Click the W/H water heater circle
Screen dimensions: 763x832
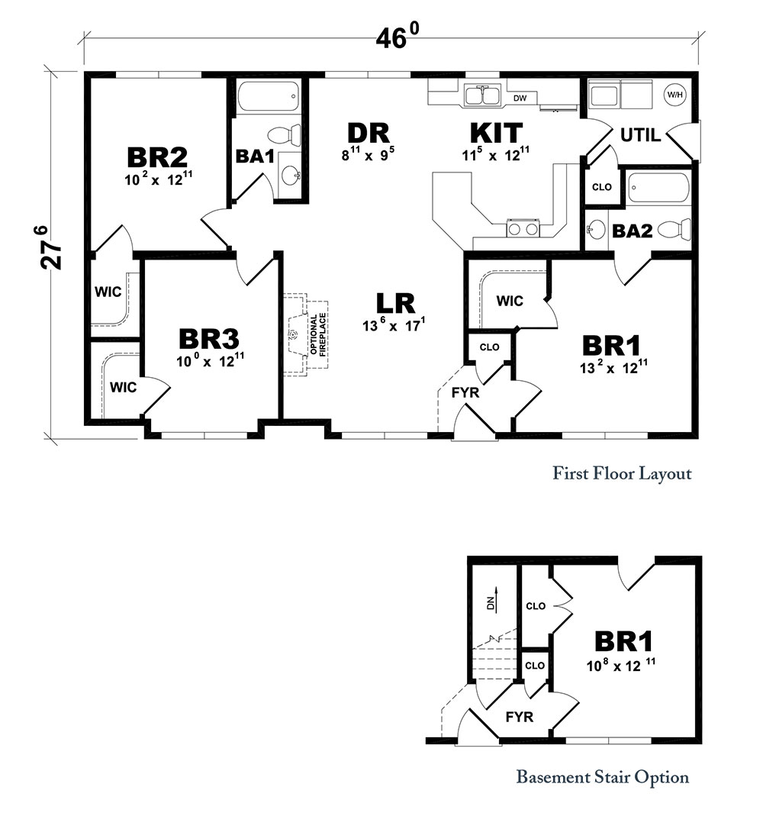(x=674, y=95)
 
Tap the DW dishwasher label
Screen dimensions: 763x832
(x=520, y=98)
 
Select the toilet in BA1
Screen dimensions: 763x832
(x=284, y=134)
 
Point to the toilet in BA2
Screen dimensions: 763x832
(x=674, y=231)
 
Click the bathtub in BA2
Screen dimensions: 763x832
(x=658, y=189)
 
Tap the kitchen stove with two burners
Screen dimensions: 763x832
(x=523, y=229)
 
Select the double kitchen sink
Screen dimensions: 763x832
(x=482, y=96)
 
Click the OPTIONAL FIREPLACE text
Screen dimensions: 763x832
(x=318, y=334)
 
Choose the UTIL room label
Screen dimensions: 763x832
(x=640, y=135)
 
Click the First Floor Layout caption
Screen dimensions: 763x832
(x=622, y=472)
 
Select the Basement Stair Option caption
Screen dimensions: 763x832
(x=602, y=777)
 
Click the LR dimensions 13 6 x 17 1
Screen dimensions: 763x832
(x=394, y=324)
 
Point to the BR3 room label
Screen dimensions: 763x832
(x=208, y=339)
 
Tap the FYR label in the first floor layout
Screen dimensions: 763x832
(x=465, y=392)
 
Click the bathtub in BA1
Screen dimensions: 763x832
(x=269, y=97)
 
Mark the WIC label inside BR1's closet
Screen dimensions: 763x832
(x=510, y=302)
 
